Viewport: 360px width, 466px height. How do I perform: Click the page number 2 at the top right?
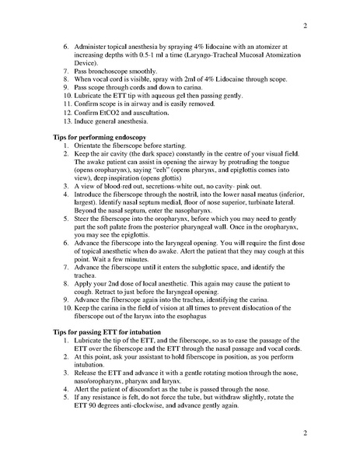coord(306,26)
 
